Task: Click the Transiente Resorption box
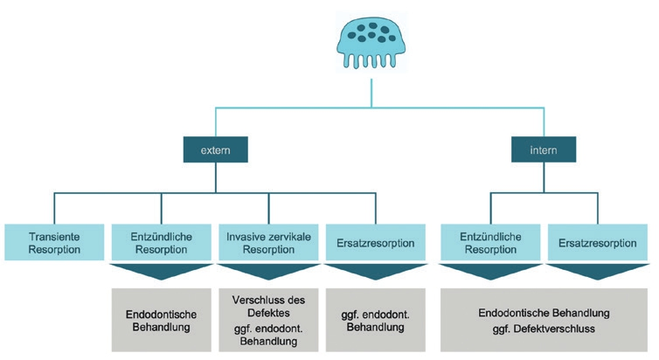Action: (x=54, y=242)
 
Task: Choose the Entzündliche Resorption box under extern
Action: (x=161, y=242)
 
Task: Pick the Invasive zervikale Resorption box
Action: (x=268, y=242)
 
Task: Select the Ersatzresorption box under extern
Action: (x=375, y=242)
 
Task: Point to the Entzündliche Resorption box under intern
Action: (x=491, y=242)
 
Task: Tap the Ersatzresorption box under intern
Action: (x=599, y=242)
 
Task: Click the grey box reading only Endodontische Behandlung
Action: (x=161, y=320)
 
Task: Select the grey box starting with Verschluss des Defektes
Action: (x=268, y=320)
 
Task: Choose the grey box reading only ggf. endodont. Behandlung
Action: (x=375, y=320)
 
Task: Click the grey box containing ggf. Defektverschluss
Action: (x=545, y=320)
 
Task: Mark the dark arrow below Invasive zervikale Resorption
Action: (x=268, y=272)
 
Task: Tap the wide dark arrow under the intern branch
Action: (x=545, y=272)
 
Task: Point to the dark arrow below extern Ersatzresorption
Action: (x=375, y=272)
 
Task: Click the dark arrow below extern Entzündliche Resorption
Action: (x=161, y=272)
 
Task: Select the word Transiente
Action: (x=54, y=235)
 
